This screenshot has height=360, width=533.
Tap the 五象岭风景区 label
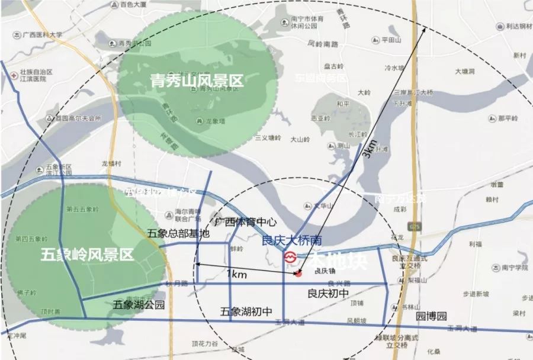(87, 256)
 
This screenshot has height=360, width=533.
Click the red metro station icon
(290, 258)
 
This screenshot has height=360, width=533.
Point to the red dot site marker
(298, 274)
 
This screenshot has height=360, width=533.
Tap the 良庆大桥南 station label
(292, 242)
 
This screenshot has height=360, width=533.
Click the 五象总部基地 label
(178, 233)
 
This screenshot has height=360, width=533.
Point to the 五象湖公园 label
(139, 306)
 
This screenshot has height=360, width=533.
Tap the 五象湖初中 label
(246, 311)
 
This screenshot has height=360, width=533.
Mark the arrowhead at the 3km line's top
(426, 29)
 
